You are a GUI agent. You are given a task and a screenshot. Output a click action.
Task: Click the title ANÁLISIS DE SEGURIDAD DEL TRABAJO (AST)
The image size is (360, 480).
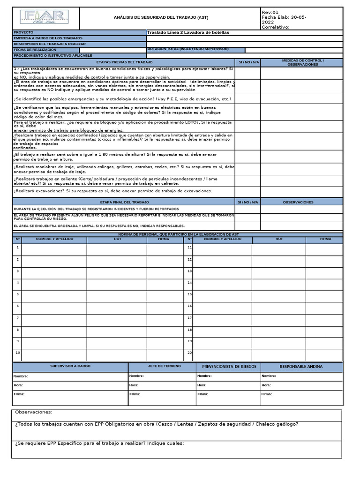point(161,18)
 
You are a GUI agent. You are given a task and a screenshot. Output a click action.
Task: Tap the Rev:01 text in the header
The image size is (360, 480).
point(271,12)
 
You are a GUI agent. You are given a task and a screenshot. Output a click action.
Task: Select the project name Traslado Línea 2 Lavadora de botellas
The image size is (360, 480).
point(188,32)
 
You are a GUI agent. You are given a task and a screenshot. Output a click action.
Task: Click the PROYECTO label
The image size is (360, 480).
point(23,32)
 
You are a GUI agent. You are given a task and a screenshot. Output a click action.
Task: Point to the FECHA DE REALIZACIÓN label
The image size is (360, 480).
point(35,50)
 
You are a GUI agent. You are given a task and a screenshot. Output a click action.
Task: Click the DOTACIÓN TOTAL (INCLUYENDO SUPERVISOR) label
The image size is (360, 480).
point(188,49)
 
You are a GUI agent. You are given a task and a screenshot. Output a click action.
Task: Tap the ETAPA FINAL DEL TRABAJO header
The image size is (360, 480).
point(124,202)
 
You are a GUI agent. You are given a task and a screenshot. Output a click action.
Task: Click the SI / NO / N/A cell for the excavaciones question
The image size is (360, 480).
point(247,191)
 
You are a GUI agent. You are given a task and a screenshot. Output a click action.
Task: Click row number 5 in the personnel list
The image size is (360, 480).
point(17,294)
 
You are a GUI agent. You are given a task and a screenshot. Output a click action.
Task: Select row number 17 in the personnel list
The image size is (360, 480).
point(189,318)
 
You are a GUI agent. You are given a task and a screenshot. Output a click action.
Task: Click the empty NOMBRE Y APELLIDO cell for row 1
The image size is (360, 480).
point(54,248)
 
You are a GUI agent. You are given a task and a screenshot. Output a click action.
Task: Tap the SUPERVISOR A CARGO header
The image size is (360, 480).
point(70,366)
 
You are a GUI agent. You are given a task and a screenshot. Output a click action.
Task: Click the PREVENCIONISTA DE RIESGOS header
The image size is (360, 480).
point(229,367)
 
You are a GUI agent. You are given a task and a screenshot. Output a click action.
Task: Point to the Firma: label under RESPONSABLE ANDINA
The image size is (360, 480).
point(267,394)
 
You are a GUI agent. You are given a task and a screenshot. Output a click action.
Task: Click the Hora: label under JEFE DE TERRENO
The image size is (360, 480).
point(134,385)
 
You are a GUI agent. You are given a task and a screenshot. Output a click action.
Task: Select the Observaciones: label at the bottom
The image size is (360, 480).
point(34,412)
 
